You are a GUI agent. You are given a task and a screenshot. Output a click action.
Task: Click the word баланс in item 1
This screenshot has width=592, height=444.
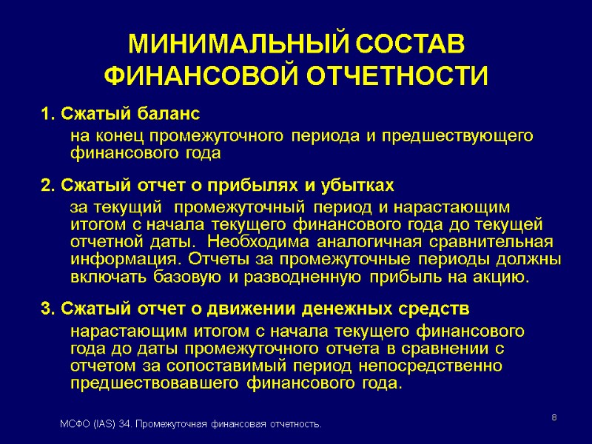(168, 115)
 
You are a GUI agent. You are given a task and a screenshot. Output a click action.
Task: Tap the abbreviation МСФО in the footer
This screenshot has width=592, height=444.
(74, 424)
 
